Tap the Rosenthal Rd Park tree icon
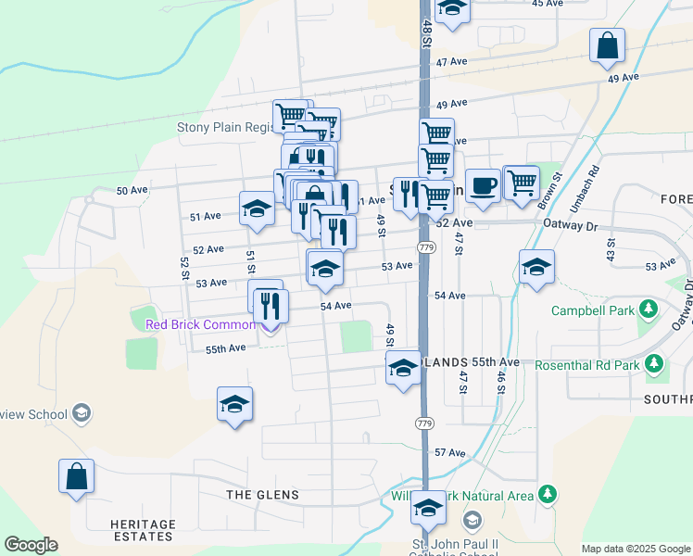pyautogui.click(x=655, y=364)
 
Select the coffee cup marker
pyautogui.click(x=482, y=186)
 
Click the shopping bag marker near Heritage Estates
pyautogui.click(x=76, y=477)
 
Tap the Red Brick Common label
pyautogui.click(x=200, y=324)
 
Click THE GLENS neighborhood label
pyautogui.click(x=263, y=495)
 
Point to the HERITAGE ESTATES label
pyautogui.click(x=143, y=530)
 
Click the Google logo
pyautogui.click(x=31, y=545)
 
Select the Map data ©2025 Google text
pyautogui.click(x=635, y=549)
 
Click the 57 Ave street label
pyautogui.click(x=449, y=452)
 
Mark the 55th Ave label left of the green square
pyautogui.click(x=225, y=348)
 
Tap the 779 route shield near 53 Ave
pyautogui.click(x=426, y=247)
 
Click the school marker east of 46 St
pyautogui.click(x=536, y=268)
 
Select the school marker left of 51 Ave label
pyautogui.click(x=257, y=209)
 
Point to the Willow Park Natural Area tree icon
pyautogui.click(x=548, y=495)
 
